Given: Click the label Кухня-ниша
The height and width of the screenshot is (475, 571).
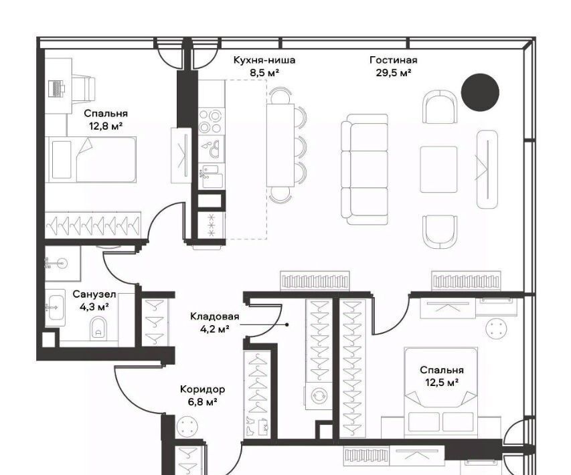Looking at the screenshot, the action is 264,60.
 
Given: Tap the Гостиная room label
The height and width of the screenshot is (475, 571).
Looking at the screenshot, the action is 394,60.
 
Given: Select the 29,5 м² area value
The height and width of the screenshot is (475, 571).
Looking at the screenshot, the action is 394,73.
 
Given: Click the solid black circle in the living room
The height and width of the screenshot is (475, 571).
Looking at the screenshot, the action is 480,92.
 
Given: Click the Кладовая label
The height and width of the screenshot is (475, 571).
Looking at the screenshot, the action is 215,316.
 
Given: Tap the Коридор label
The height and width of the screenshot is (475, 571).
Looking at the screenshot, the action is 202,389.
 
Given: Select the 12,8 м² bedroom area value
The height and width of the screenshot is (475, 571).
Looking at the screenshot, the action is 106,126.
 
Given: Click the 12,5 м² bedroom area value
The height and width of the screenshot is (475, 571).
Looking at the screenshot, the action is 442,383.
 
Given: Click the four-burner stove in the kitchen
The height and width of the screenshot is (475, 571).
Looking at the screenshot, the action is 211,122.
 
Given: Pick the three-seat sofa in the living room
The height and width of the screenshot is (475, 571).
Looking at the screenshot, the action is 365,169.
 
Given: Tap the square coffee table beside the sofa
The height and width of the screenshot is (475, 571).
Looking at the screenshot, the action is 439,169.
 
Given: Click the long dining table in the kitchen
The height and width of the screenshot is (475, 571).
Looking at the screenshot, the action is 280,145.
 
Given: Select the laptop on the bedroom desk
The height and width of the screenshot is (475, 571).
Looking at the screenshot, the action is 56,88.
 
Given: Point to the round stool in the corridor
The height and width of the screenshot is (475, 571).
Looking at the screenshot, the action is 187,427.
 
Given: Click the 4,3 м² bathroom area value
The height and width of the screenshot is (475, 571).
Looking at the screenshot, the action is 94,307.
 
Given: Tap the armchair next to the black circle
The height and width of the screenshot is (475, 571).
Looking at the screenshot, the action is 440,106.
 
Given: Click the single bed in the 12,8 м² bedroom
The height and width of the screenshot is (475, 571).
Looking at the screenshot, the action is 90,160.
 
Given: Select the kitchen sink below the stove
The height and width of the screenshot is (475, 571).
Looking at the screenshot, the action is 211,177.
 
